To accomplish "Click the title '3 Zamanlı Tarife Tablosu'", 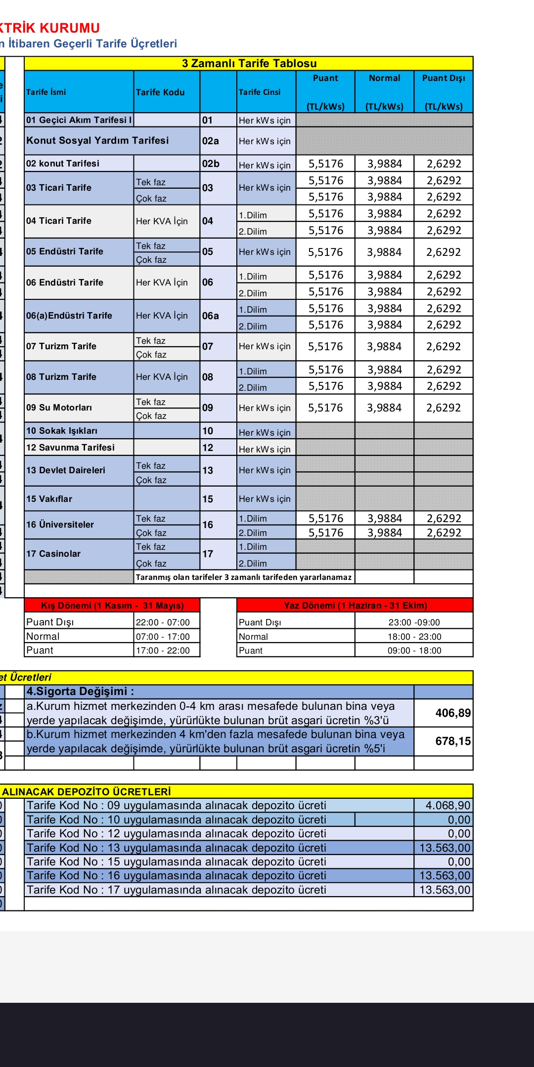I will coord(249,63).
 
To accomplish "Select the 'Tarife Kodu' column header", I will coord(160,92).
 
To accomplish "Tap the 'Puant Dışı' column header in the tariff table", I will coord(444,78).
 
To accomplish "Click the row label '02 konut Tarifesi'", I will coord(63,164).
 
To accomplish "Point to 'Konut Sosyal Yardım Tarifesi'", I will coord(97,140).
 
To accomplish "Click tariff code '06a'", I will coord(210,316).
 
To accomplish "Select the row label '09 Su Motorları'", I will coord(59,408).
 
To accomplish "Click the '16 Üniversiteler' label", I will coord(60,525).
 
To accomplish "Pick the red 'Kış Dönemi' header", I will coord(112,606).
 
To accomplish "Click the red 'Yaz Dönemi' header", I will coord(355,606).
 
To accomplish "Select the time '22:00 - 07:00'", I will coord(163,622).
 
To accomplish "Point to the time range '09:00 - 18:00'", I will coord(414,651).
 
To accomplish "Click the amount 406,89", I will coord(453,713).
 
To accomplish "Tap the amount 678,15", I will coord(453,741).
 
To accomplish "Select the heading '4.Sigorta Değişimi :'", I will coord(80,692).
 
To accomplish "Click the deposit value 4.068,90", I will coord(448,806).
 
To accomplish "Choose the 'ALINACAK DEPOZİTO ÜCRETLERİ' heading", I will coord(87,792).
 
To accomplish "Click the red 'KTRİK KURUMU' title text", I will coord(50,28).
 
